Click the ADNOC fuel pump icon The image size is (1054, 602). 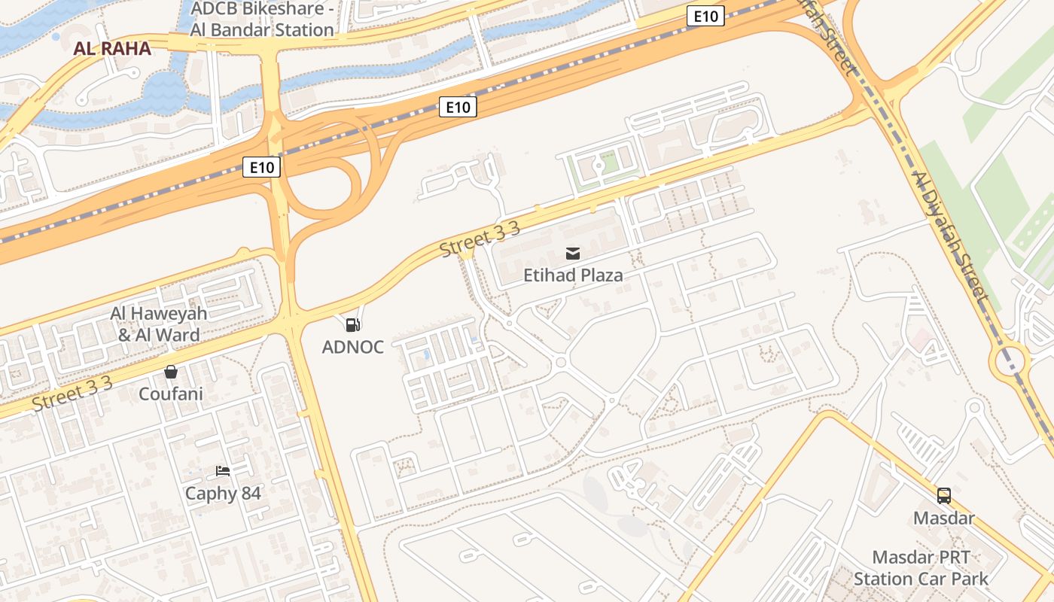(352, 325)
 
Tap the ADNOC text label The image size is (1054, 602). (352, 347)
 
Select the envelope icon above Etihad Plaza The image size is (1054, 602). (573, 254)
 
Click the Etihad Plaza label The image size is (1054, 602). (573, 275)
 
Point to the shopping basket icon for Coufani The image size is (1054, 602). (171, 372)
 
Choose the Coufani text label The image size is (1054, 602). (171, 394)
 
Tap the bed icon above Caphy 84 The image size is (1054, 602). (223, 471)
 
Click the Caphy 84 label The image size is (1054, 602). (223, 494)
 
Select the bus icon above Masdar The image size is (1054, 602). (943, 496)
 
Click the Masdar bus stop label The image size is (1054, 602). (943, 518)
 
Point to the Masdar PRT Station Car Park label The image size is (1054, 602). (921, 568)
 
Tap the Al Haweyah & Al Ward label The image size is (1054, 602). (159, 324)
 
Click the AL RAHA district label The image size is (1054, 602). (112, 49)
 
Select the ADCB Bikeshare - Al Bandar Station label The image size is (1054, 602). (262, 20)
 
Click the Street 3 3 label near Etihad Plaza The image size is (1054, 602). (480, 239)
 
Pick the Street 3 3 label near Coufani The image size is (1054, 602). (72, 394)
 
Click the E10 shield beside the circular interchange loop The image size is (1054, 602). (261, 167)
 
